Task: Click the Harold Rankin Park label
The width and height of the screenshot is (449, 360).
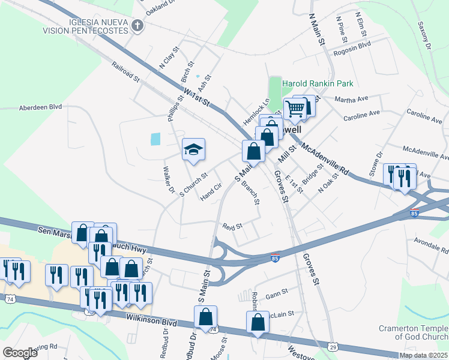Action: coord(318,83)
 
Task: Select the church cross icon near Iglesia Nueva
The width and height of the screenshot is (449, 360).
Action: coord(137,26)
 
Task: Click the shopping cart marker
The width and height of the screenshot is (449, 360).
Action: coord(295,109)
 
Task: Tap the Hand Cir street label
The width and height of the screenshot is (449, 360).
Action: coord(211,192)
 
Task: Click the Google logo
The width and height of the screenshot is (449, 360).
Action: coord(20,353)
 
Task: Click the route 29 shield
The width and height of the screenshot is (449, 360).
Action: coord(334,346)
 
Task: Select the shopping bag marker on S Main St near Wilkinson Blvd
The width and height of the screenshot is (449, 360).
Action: coord(205,317)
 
